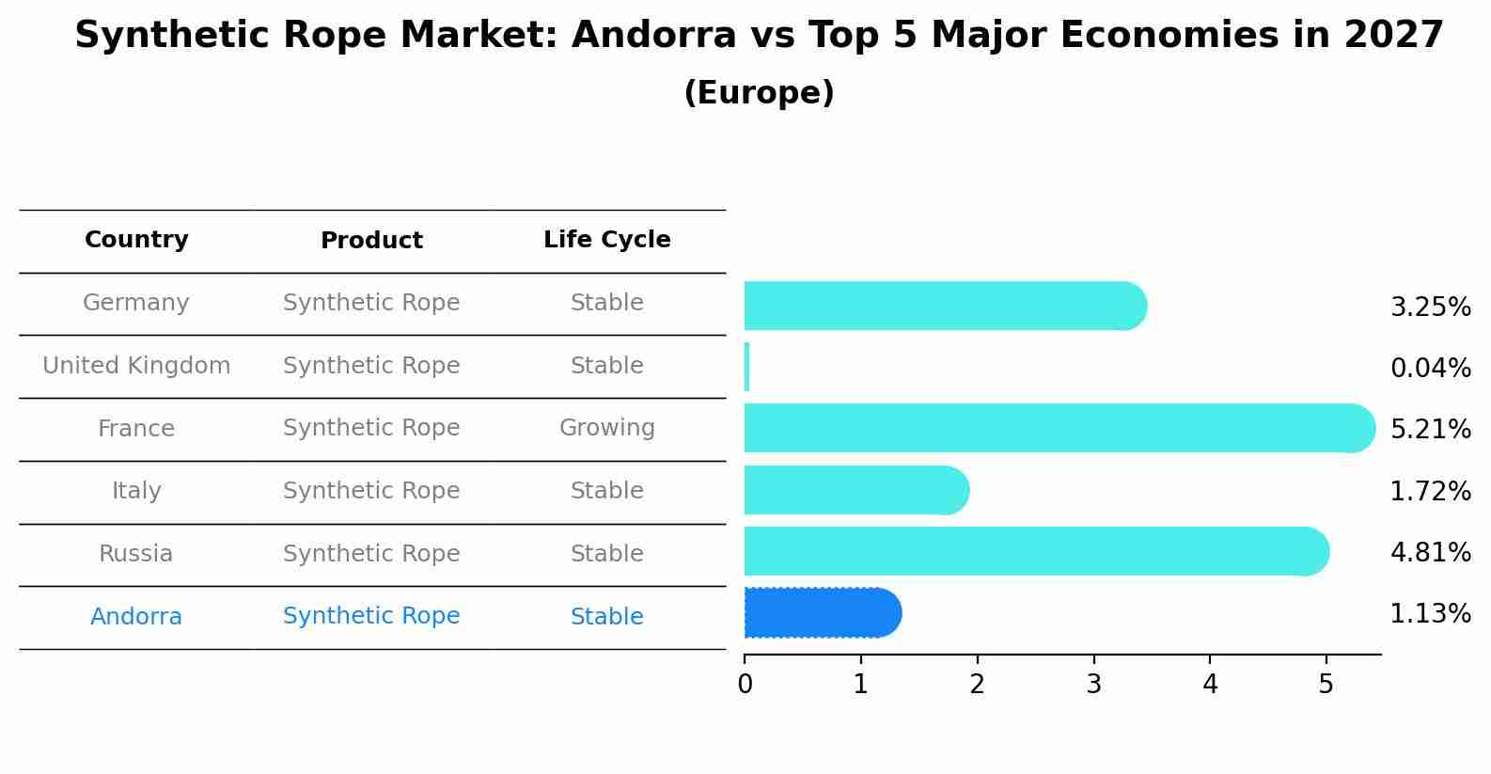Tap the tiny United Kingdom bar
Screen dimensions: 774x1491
[747, 367]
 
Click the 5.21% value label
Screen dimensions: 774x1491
[1430, 430]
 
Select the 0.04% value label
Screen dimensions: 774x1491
[1430, 368]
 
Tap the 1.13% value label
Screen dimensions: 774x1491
[1430, 614]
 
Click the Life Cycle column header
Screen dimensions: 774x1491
[607, 240]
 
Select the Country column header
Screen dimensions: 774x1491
[136, 240]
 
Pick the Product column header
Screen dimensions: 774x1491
[371, 241]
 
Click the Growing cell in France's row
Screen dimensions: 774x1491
[607, 429]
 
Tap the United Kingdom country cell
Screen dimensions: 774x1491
[136, 366]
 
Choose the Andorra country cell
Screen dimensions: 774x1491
[136, 617]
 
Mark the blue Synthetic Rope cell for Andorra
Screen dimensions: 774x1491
[371, 616]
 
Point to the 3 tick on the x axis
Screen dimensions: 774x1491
[1093, 685]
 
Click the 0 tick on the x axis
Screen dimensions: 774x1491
[745, 685]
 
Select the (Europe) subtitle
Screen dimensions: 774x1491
[759, 93]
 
